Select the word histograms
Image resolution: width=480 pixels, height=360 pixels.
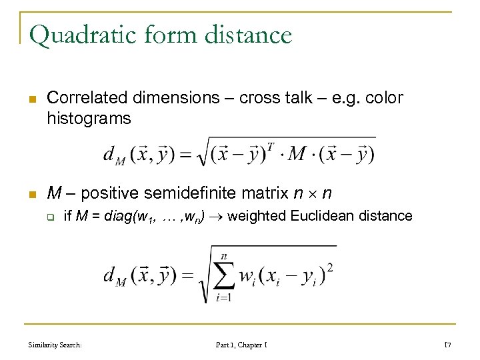[89, 119]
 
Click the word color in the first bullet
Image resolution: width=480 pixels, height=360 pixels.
[382, 98]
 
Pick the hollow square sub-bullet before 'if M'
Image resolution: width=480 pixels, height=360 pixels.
[49, 216]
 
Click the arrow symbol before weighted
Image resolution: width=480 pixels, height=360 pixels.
[217, 216]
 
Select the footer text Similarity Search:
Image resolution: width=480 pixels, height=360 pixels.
[55, 345]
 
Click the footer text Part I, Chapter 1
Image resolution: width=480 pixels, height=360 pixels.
[241, 345]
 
